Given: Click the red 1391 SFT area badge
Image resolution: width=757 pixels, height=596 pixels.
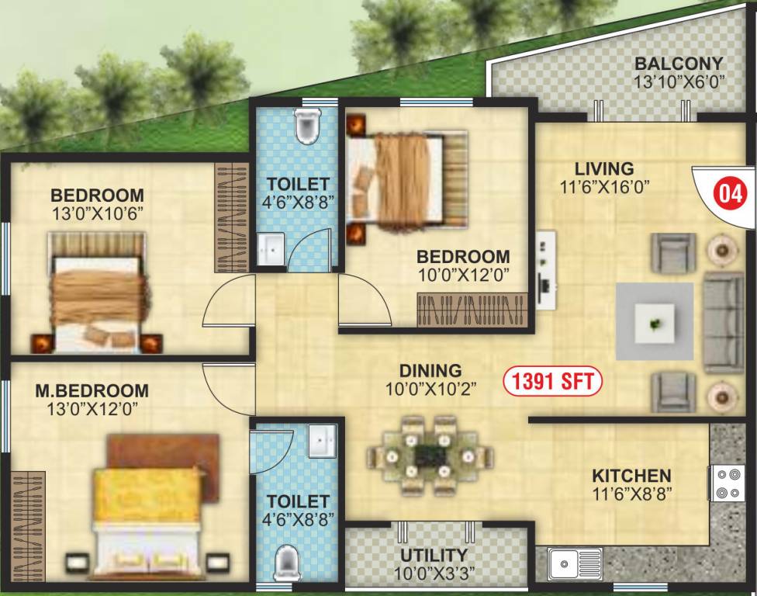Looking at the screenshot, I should click(551, 381).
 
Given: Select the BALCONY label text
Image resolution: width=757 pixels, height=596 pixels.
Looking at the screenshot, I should click(679, 64).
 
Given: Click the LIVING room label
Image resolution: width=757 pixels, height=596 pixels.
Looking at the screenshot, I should click(604, 168).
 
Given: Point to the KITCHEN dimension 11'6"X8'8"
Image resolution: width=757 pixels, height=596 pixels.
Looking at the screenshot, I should click(631, 491).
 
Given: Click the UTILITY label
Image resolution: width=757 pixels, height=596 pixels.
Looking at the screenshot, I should click(434, 555).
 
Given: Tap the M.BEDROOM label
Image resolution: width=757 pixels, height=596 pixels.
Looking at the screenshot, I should click(92, 390).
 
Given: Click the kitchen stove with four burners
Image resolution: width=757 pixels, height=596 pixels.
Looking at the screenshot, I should click(728, 481).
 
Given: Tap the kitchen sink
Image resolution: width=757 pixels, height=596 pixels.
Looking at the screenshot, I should click(575, 560).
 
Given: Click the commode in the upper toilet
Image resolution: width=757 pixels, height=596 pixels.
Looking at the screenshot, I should click(308, 125).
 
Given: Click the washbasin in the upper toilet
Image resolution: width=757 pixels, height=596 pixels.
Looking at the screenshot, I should click(271, 248).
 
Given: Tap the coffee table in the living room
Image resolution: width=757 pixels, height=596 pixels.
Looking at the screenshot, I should click(655, 321).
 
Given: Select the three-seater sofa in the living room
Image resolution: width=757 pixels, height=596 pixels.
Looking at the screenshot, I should click(723, 321).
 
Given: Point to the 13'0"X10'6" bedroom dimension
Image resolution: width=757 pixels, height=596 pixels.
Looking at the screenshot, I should click(97, 210).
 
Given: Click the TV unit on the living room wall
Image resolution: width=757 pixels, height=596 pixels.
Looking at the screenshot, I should click(546, 261).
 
